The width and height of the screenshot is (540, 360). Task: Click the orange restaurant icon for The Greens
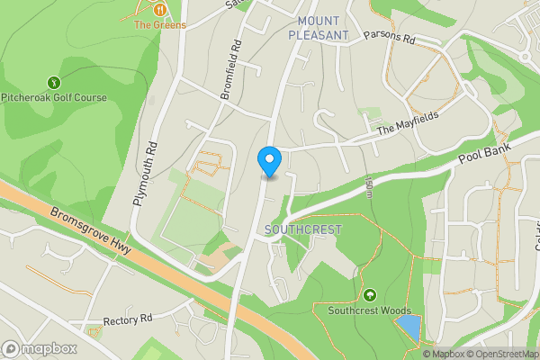click(160, 9)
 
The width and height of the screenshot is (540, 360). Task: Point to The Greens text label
click(160, 25)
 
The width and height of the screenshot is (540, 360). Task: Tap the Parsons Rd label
click(388, 39)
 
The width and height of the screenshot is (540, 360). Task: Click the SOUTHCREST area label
click(304, 229)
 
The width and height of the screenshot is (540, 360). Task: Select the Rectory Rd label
click(129, 319)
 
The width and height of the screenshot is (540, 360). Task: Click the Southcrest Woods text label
click(369, 311)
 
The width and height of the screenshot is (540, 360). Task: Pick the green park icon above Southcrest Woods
click(369, 295)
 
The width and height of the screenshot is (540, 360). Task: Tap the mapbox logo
click(40, 348)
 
